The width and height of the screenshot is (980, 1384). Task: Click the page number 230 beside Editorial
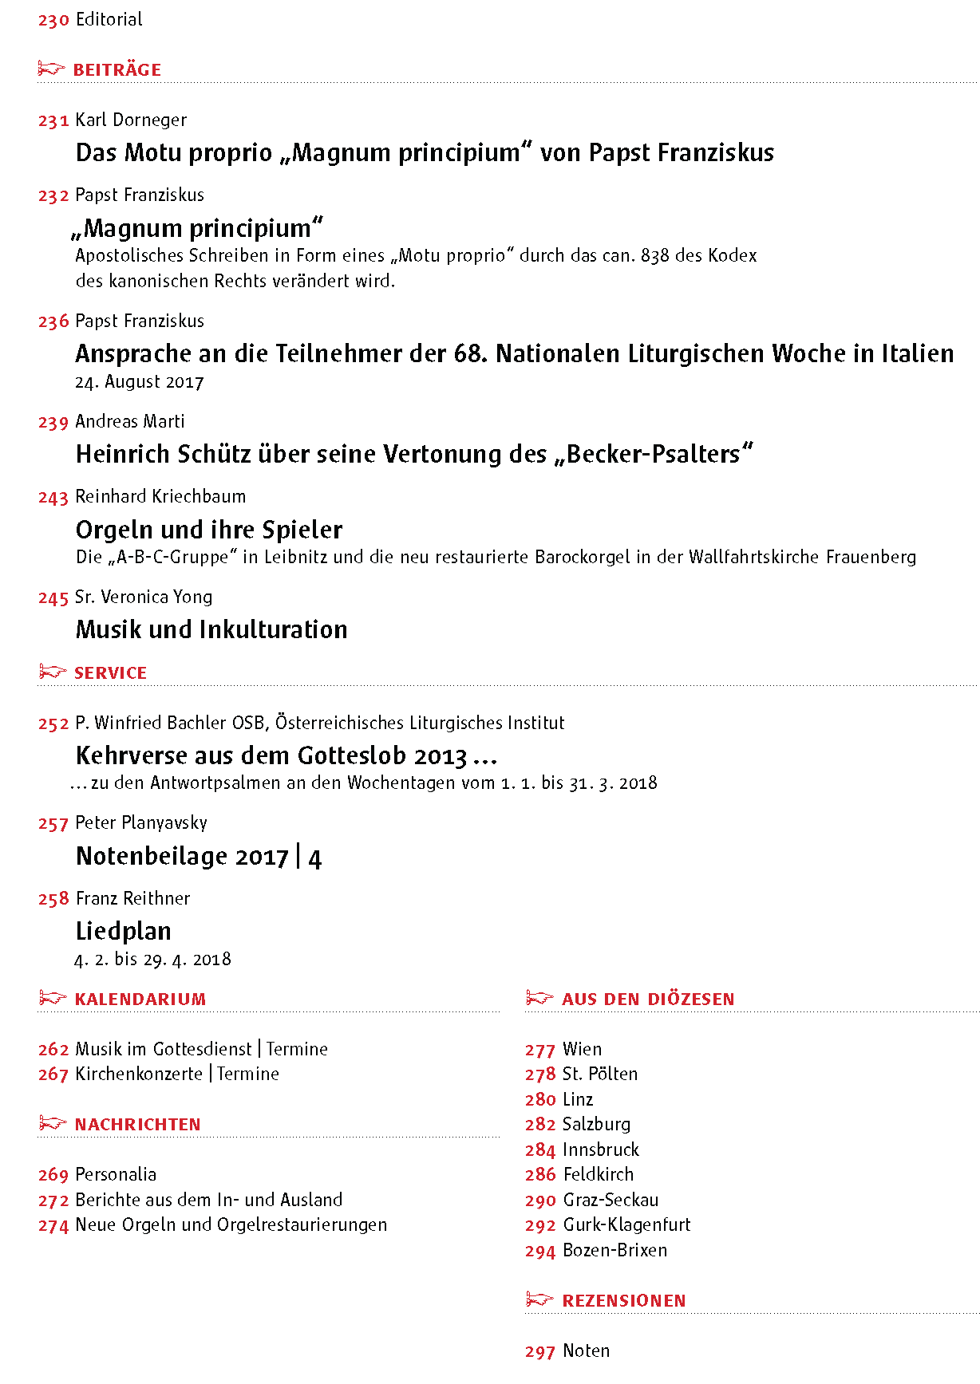pyautogui.click(x=53, y=20)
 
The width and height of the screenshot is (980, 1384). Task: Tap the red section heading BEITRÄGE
pyautogui.click(x=117, y=70)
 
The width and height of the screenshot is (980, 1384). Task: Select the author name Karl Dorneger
pyautogui.click(x=131, y=120)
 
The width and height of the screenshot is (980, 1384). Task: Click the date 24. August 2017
pyautogui.click(x=139, y=382)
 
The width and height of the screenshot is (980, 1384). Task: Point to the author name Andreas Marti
pyautogui.click(x=129, y=422)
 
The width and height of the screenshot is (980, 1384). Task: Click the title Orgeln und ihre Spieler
pyautogui.click(x=209, y=530)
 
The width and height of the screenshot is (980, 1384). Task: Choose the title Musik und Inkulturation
pyautogui.click(x=211, y=629)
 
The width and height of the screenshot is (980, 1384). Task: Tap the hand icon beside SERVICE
pyautogui.click(x=52, y=672)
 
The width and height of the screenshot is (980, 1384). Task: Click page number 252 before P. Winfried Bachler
pyautogui.click(x=53, y=724)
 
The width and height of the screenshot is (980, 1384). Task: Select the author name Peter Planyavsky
pyautogui.click(x=141, y=823)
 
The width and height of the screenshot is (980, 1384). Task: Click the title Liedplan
pyautogui.click(x=124, y=931)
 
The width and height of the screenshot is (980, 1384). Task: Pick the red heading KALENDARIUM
pyautogui.click(x=140, y=1000)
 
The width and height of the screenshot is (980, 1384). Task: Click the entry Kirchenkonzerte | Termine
pyautogui.click(x=177, y=1074)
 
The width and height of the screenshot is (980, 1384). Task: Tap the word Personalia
pyautogui.click(x=116, y=1175)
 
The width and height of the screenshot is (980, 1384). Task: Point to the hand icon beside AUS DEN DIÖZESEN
pyautogui.click(x=539, y=999)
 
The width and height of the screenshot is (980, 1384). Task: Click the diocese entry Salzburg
pyautogui.click(x=596, y=1125)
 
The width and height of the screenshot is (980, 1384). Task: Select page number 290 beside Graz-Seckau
pyautogui.click(x=540, y=1201)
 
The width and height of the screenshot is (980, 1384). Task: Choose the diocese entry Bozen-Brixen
pyautogui.click(x=614, y=1251)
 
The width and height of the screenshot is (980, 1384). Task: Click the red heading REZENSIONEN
pyautogui.click(x=624, y=1301)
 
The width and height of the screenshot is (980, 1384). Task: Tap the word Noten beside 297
pyautogui.click(x=586, y=1351)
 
